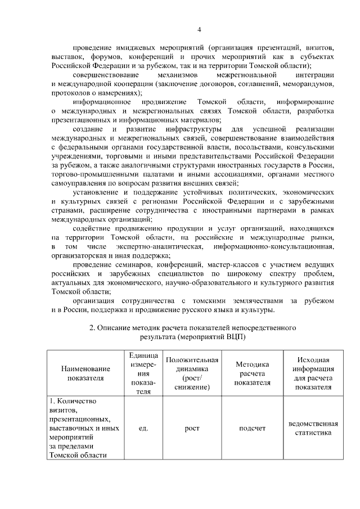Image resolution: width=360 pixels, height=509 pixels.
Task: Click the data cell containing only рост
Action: tap(192, 428)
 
